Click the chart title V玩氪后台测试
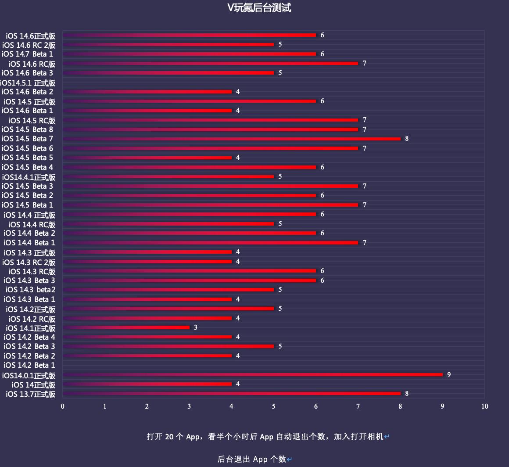point(259,8)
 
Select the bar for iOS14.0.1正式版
point(252,374)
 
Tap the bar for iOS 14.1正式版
point(126,327)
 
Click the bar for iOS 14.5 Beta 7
point(232,139)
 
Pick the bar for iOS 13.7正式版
point(232,393)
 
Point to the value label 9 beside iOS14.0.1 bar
point(449,375)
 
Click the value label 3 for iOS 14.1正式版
point(196,327)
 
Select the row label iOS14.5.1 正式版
point(28,83)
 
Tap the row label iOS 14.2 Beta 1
point(29,365)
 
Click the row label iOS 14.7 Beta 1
point(28,54)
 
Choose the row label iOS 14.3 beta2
point(31,290)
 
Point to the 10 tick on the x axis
point(484,406)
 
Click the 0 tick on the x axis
point(63,406)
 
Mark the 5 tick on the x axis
point(274,406)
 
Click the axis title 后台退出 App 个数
point(252,459)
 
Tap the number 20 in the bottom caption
point(170,437)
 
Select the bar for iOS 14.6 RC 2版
point(168,44)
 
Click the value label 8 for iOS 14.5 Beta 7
point(407,139)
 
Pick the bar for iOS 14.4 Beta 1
point(211,243)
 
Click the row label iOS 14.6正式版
point(31,36)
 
